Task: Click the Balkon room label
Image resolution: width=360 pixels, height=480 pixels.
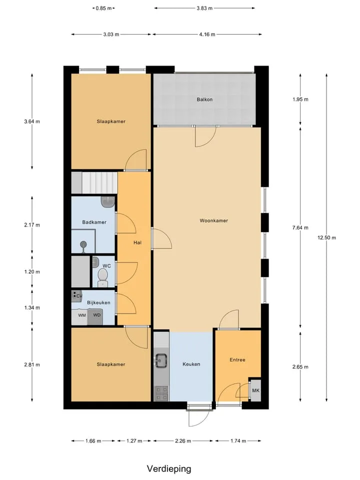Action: (204, 99)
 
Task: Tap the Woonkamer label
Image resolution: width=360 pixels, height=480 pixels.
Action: (213, 220)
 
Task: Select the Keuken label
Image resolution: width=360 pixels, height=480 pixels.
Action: (191, 364)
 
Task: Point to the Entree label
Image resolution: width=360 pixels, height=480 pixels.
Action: (237, 359)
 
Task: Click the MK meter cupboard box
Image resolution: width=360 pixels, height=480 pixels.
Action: (255, 390)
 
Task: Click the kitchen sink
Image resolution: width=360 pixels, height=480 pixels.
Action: (161, 360)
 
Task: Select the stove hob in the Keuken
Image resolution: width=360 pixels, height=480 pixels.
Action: (161, 393)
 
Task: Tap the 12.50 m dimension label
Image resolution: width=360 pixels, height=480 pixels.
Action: (326, 237)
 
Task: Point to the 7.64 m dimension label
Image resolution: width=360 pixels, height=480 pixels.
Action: (300, 227)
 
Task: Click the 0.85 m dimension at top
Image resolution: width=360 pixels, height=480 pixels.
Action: (103, 8)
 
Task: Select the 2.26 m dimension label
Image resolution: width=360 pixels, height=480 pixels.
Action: (183, 441)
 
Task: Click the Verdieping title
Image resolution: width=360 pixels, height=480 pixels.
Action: (169, 469)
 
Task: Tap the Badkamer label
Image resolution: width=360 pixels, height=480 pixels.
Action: (94, 222)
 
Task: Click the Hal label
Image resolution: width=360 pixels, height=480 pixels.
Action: (137, 242)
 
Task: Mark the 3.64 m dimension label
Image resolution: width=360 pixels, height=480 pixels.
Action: (32, 121)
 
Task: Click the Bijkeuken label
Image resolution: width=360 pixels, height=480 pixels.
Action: (98, 302)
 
